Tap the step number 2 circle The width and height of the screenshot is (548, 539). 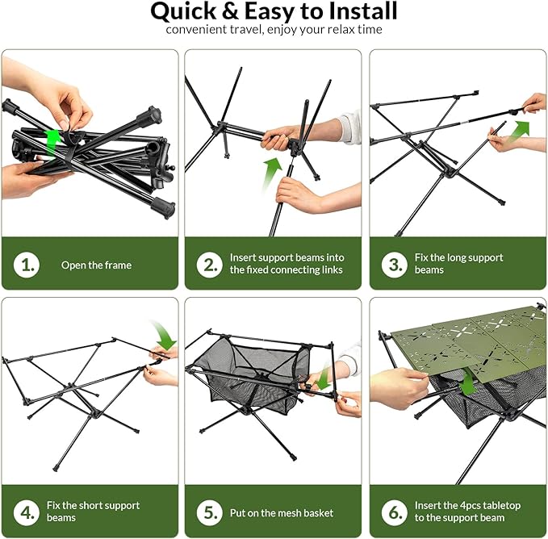tap(211, 264)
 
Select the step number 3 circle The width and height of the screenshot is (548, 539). tap(395, 264)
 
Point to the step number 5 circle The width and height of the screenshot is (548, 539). tap(211, 512)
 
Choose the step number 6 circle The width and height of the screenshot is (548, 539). tap(395, 512)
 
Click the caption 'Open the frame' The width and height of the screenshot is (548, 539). tap(96, 265)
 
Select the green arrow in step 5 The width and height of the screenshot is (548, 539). tap(324, 377)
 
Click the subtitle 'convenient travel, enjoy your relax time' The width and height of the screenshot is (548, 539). tap(274, 30)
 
